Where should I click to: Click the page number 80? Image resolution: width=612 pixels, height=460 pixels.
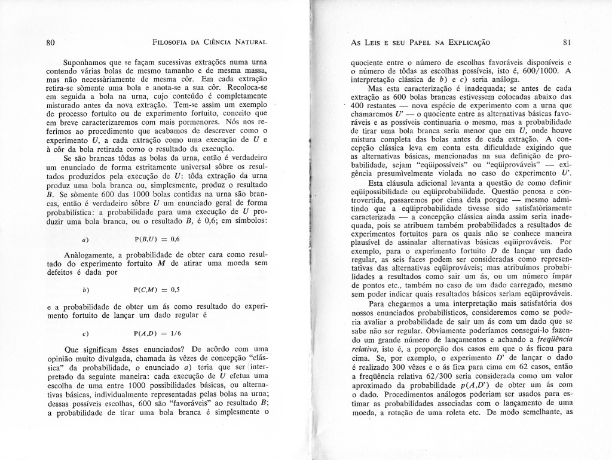pos(50,42)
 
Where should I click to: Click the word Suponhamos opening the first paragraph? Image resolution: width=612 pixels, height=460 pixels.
pos(87,62)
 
